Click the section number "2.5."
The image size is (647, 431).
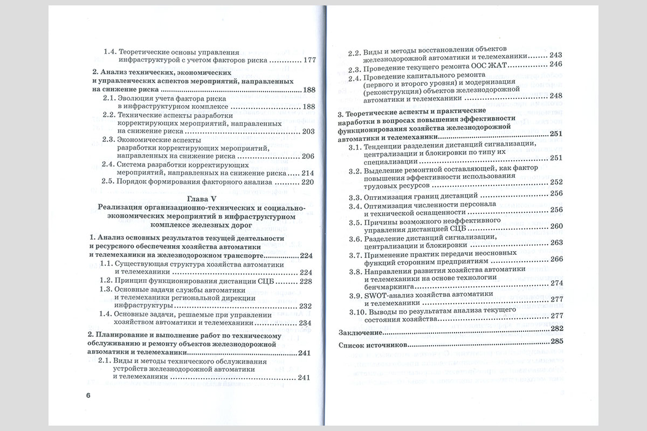tap(108, 182)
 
